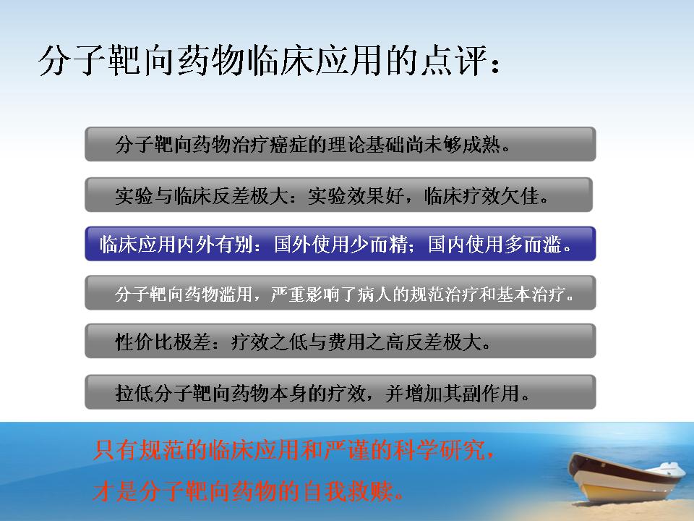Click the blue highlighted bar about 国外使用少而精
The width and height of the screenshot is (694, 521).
point(340,244)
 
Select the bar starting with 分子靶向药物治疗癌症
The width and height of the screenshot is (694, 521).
point(340,144)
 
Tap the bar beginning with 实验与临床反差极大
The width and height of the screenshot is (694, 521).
point(338,195)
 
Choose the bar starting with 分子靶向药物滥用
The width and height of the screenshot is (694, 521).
point(340,293)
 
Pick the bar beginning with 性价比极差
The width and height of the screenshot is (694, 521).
point(340,341)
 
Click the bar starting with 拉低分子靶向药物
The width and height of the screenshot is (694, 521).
point(340,392)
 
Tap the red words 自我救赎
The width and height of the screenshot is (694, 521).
point(348,491)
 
